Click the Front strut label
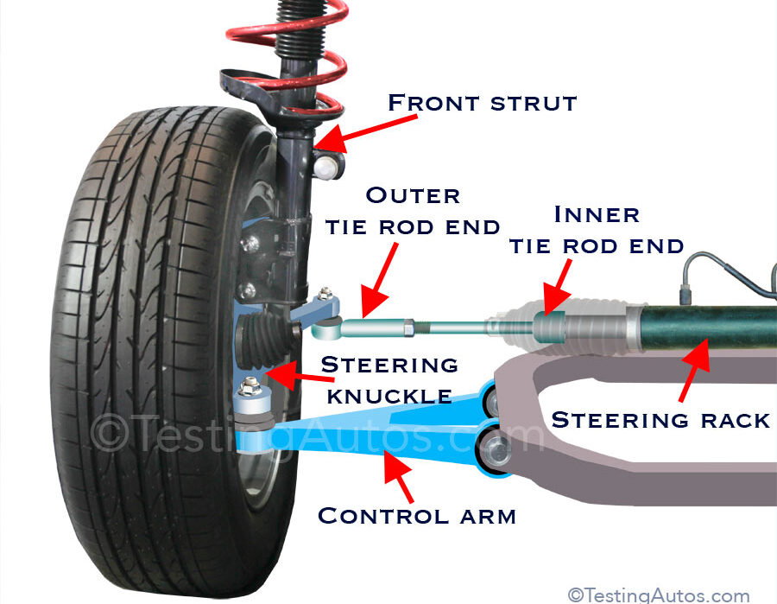(482, 103)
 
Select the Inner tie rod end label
(597, 229)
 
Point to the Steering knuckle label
(388, 379)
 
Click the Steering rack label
(660, 420)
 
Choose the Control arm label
(416, 516)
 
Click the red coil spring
(286, 35)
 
